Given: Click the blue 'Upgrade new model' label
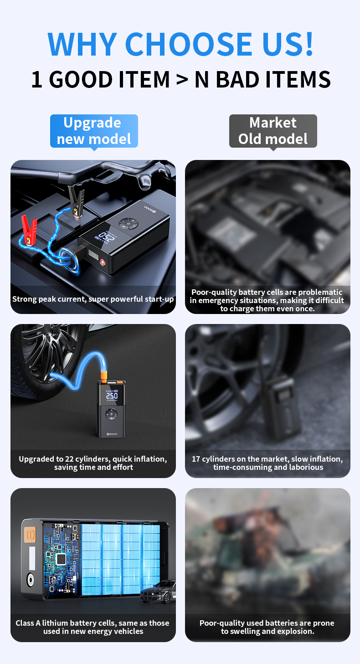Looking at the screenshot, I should (x=94, y=131).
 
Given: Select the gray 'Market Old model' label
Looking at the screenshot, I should (x=273, y=131).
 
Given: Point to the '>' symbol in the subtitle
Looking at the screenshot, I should (x=182, y=80).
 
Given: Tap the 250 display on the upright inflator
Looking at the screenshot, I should (x=112, y=396).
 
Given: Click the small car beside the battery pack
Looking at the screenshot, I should (x=158, y=592).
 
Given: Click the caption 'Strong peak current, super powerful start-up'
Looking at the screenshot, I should (x=93, y=299).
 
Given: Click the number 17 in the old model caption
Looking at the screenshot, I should (x=196, y=459).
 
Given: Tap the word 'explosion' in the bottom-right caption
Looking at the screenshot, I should (x=291, y=631).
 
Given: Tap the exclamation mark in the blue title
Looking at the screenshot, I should (x=309, y=44).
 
